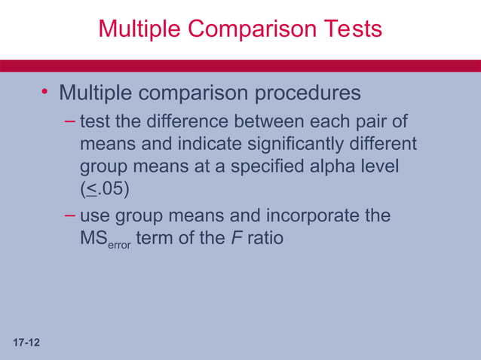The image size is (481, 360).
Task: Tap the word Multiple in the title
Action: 140,29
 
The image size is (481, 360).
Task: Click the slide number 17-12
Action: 26,343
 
